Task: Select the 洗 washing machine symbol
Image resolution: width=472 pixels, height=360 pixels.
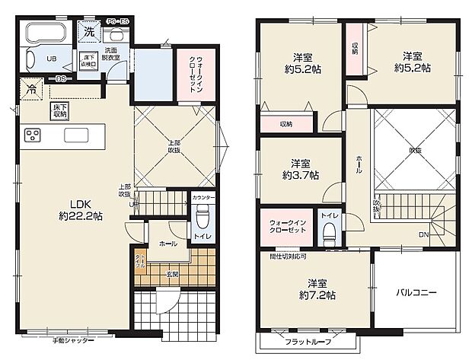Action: pos(89,33)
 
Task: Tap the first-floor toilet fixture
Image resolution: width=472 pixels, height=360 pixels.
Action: pos(203,219)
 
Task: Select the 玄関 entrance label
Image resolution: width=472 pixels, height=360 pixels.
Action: pos(172,273)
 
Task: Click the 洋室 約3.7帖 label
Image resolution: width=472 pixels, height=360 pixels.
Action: pos(300,169)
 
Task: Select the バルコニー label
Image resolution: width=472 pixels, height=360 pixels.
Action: pos(416,292)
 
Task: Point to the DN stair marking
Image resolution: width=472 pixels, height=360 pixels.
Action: pos(423,234)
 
